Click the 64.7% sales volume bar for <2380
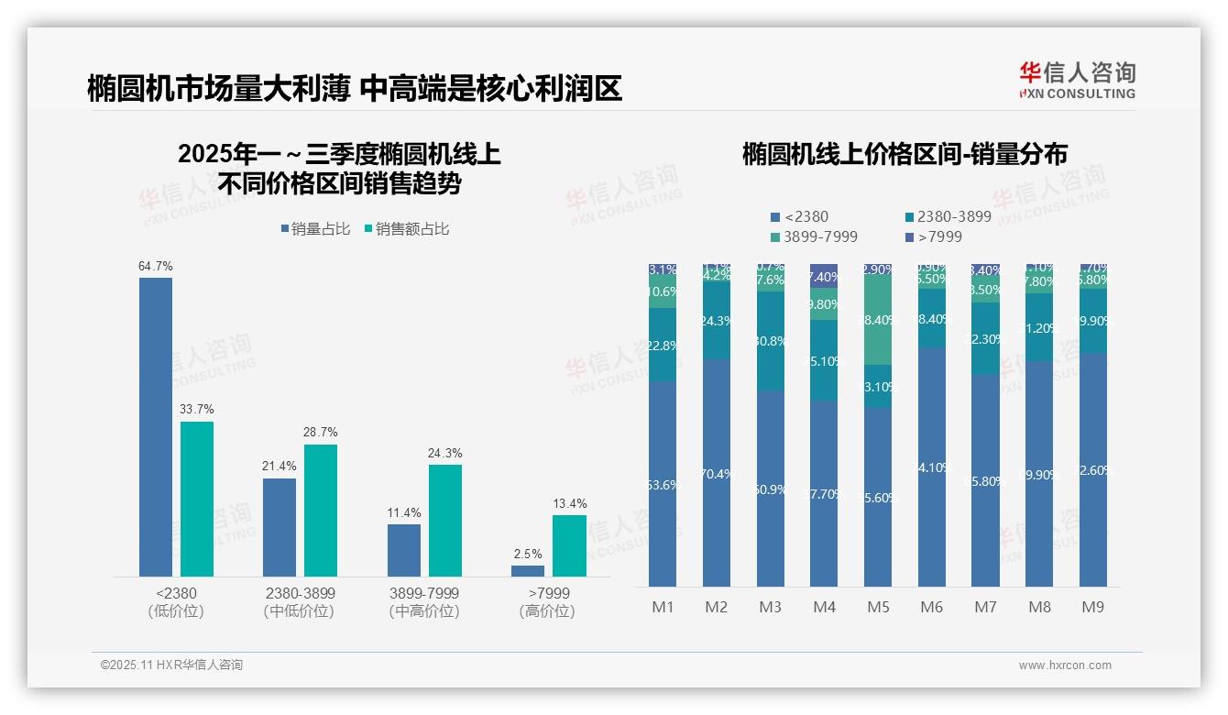(156, 426)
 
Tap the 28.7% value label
(321, 432)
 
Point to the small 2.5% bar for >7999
(528, 571)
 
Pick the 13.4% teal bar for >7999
(569, 545)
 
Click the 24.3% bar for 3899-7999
(445, 520)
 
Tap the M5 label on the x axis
(878, 607)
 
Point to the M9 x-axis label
(1093, 607)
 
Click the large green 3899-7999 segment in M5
(878, 321)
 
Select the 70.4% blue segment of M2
(717, 473)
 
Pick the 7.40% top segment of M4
(824, 276)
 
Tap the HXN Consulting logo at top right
(1077, 81)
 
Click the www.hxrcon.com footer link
(1065, 665)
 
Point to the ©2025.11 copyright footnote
(171, 665)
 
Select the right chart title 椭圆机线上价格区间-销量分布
(905, 154)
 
